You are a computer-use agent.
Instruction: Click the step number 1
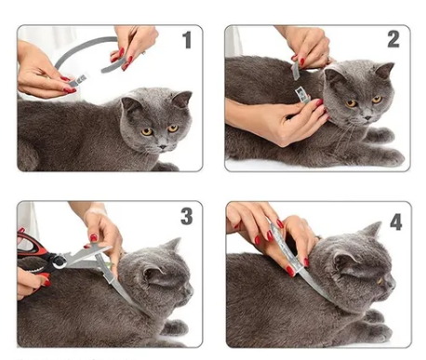(x=187, y=40)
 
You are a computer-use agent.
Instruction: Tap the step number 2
(x=393, y=39)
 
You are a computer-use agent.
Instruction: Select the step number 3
(x=187, y=216)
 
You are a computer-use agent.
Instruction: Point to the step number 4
(x=396, y=221)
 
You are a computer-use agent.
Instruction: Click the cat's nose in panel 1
(x=162, y=146)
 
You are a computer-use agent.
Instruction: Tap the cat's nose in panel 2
(x=367, y=118)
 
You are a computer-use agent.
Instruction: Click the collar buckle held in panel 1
(x=77, y=81)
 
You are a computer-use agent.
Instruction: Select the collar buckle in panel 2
(x=302, y=94)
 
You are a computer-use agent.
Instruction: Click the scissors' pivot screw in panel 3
(x=59, y=261)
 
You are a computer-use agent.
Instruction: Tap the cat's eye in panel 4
(x=379, y=281)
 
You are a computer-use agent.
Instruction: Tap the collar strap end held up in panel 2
(x=296, y=71)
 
